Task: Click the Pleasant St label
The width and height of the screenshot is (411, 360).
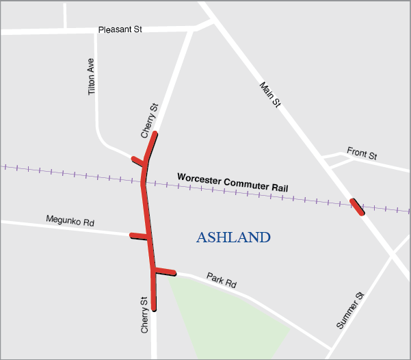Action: pos(120,30)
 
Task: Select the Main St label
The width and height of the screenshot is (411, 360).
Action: pos(270,94)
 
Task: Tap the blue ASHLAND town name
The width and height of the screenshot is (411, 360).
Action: pos(233,237)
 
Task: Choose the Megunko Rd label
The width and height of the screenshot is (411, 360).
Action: pos(70,221)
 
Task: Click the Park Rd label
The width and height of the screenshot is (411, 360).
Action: pos(221,281)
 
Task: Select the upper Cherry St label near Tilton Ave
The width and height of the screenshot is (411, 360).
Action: pos(150,120)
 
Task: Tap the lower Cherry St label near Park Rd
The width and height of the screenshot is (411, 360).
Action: pos(144,315)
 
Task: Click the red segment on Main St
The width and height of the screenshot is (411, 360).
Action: pos(357,206)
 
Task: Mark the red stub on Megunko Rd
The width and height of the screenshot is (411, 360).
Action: pos(140,237)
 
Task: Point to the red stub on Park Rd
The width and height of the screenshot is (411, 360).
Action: pos(165,273)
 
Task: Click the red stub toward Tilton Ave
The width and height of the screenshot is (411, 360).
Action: pos(139,162)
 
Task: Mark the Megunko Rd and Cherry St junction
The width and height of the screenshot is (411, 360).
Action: pos(149,238)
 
